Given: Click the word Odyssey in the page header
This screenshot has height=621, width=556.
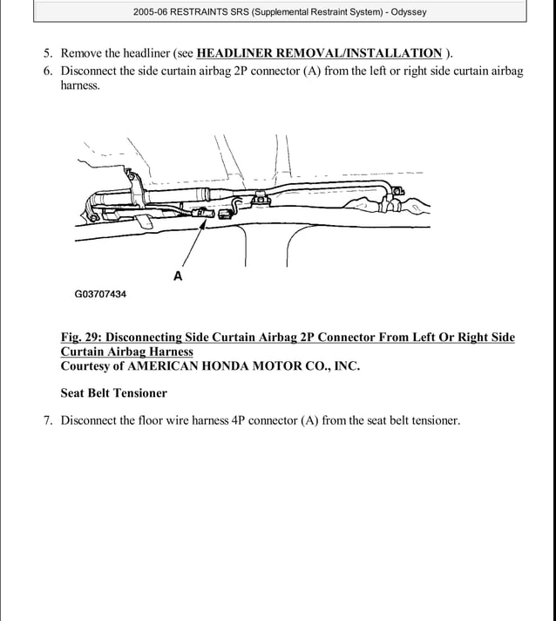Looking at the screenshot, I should (x=404, y=12).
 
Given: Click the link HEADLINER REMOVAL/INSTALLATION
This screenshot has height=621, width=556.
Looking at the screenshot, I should (x=319, y=52).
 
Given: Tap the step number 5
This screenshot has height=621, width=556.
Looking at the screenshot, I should (x=48, y=52).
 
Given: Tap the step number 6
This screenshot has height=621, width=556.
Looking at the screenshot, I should (x=48, y=71).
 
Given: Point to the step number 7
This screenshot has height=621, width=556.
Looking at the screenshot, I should (x=48, y=420).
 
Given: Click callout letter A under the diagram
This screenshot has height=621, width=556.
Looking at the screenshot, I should (x=178, y=276).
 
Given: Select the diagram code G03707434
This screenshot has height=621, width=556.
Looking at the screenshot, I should (x=100, y=295).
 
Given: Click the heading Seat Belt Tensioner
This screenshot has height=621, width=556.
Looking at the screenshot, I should (x=113, y=393).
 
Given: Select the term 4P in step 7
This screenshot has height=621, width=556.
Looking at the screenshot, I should (x=241, y=420).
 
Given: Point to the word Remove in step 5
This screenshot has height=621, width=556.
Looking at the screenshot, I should (x=83, y=52).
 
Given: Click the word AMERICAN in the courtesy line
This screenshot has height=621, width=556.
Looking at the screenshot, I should (x=162, y=366).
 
